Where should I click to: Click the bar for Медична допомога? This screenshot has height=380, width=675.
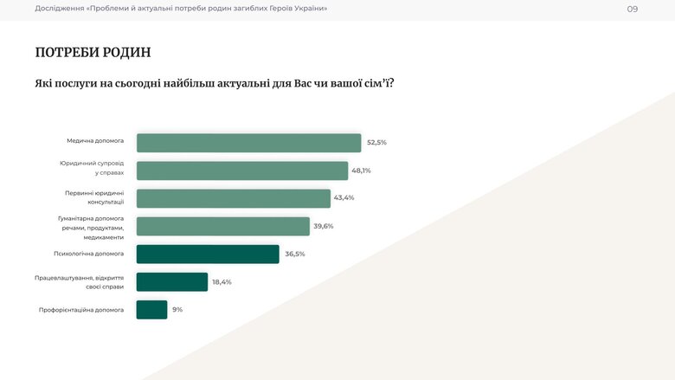pos(248,143)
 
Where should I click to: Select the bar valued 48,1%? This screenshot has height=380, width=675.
pos(242,171)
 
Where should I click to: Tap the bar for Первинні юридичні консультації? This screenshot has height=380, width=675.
pos(234,198)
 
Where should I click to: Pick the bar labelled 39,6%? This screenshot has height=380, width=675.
pos(223,226)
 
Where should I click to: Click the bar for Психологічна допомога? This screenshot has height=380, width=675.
pos(208,254)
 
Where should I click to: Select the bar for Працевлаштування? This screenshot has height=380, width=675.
pos(172,282)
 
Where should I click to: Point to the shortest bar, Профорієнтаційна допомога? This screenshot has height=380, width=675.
pos(151,310)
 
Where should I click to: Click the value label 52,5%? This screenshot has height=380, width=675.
pos(376,142)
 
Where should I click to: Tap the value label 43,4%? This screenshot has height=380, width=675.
pos(344,198)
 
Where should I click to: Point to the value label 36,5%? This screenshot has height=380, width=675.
pos(295,254)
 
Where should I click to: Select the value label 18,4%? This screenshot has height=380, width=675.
pos(222,282)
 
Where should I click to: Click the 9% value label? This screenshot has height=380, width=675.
pos(177,310)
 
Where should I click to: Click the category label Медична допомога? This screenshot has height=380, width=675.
pos(95,140)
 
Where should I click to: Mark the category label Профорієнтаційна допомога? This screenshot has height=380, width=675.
pos(81,310)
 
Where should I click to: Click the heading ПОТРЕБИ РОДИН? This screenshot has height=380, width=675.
pos(93,52)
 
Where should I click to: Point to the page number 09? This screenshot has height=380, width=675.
pos(633,9)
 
